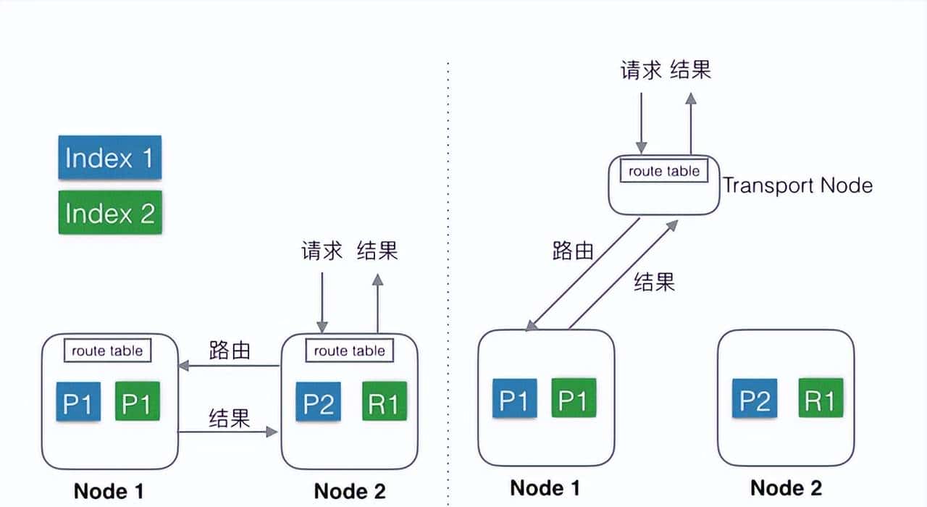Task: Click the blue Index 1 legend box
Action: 109,157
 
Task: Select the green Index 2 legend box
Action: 109,212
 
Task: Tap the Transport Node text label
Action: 797,185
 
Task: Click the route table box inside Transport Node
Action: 664,171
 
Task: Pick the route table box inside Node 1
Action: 107,351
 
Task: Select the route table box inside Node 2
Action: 349,351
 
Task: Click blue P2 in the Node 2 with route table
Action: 318,402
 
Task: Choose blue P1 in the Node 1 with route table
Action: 78,402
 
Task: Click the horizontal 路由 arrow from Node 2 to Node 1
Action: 230,366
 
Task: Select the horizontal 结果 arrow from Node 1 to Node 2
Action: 230,432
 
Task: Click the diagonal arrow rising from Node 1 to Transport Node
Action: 623,275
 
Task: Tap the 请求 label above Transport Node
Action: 641,70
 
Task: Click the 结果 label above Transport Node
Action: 691,70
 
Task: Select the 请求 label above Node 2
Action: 322,251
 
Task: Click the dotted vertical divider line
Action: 448,290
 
